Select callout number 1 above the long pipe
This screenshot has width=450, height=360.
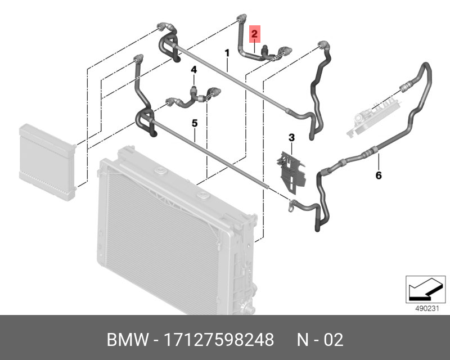click(227, 54)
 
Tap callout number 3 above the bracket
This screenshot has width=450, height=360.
click(292, 137)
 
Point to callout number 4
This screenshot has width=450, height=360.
click(193, 70)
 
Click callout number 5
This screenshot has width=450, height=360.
click(194, 122)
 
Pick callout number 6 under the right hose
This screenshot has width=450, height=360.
click(379, 175)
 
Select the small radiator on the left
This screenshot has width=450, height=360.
click(47, 161)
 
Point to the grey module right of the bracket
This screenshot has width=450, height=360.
click(371, 115)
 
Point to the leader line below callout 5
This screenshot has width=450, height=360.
click(195, 134)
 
